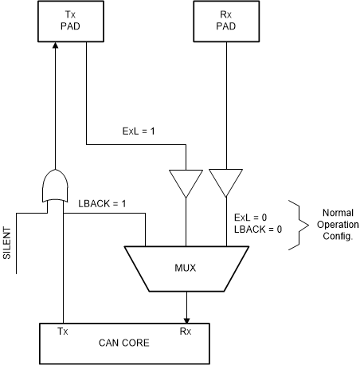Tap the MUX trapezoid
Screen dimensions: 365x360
pos(186,267)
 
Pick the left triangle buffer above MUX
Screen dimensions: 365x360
pos(186,182)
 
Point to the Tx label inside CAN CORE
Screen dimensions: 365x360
pos(62,329)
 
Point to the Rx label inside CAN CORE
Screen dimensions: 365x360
pos(186,329)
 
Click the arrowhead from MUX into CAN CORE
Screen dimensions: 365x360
pos(186,316)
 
